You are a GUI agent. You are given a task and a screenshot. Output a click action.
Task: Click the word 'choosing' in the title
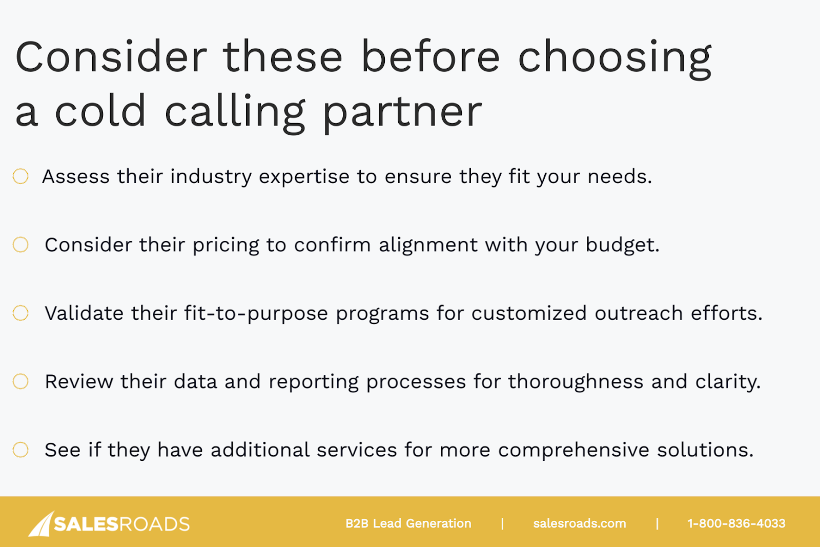click(614, 58)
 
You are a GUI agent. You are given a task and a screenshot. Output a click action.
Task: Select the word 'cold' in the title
click(100, 110)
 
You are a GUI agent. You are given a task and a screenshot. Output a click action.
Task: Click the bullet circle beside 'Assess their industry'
click(20, 176)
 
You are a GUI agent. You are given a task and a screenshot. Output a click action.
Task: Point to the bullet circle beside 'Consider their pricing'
click(20, 245)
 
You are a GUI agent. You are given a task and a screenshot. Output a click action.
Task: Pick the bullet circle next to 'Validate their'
click(20, 313)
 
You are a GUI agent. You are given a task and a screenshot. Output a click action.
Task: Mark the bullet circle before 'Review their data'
click(20, 381)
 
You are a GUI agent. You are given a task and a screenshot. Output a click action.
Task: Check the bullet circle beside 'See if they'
click(20, 450)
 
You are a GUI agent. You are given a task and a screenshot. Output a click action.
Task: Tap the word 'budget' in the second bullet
click(622, 246)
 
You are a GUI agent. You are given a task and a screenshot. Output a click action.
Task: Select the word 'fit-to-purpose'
click(256, 314)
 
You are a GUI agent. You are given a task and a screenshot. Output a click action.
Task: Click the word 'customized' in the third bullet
click(529, 313)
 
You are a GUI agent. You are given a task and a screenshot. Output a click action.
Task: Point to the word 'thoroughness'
click(576, 382)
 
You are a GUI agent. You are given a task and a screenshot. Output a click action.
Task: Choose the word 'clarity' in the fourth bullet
click(728, 382)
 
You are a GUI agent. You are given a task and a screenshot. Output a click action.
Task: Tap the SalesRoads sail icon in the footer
click(42, 524)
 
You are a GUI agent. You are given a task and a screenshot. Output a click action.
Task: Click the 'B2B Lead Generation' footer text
click(408, 523)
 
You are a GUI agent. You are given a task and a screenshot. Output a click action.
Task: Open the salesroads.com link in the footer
click(580, 523)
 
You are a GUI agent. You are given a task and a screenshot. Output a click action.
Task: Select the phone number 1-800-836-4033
click(736, 523)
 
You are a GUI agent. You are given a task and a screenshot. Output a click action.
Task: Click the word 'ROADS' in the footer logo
click(154, 524)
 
